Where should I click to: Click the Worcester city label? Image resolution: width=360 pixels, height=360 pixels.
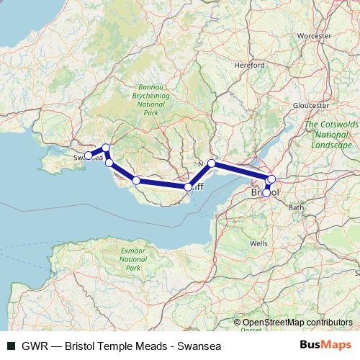313,35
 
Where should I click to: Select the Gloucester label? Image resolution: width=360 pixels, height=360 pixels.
310,105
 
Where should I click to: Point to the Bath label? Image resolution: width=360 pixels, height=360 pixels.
296,207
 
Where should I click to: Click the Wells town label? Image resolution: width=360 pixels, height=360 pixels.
258,244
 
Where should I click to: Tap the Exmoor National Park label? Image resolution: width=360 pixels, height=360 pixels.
132,258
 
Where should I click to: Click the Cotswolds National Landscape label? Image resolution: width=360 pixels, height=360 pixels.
332,135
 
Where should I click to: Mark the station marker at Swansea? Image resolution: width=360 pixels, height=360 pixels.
89,155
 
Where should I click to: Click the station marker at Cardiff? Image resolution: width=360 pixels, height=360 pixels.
189,187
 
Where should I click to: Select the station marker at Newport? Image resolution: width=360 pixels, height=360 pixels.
211,163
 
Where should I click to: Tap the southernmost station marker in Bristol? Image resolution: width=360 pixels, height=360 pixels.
267,192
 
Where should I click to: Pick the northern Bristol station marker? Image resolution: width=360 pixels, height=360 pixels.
271,179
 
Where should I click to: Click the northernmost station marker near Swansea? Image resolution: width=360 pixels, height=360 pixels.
106,148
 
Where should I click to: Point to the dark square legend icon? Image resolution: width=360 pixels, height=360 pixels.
10,346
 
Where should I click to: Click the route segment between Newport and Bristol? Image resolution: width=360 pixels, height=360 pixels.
241,171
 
